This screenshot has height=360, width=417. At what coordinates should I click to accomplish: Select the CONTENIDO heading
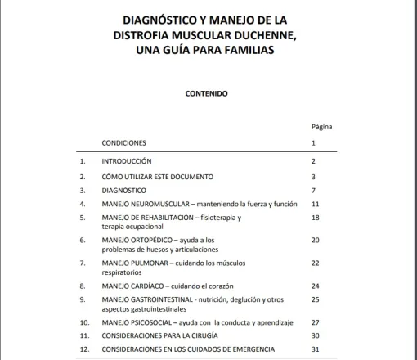pos(208,92)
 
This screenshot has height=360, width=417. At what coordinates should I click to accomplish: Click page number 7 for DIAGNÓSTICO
pos(314,189)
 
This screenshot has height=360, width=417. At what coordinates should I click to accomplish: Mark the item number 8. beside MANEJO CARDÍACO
pos(82,286)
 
